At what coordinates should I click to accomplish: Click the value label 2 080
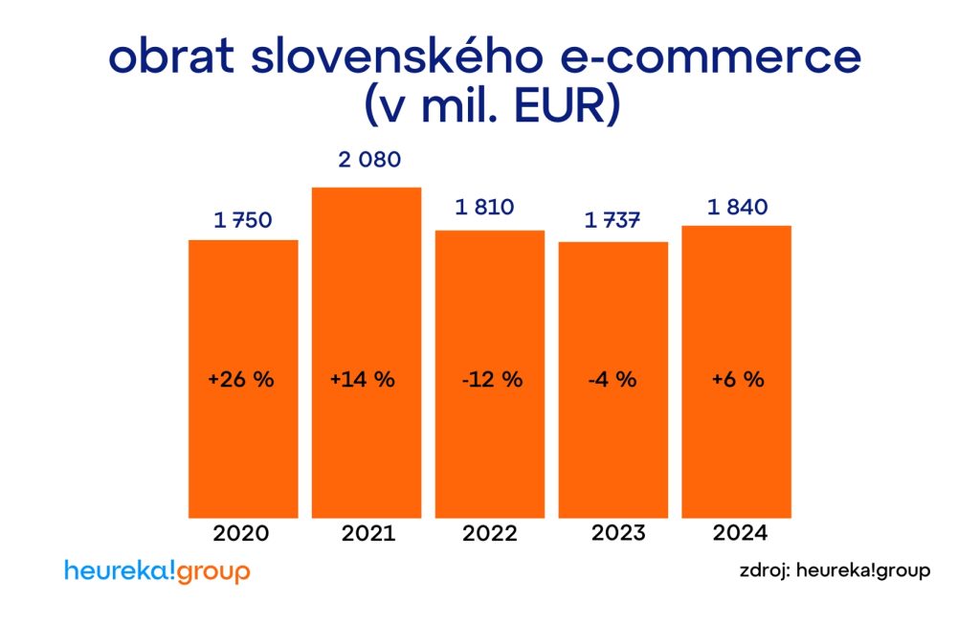(x=368, y=159)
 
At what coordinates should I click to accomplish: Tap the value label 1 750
(x=243, y=220)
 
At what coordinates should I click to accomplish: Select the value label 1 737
(x=612, y=221)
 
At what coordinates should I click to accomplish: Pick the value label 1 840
(x=737, y=207)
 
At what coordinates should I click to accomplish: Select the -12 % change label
(x=491, y=379)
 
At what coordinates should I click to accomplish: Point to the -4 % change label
(x=612, y=379)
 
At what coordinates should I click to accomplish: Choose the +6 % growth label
(x=738, y=379)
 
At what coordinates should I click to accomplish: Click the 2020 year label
(x=242, y=533)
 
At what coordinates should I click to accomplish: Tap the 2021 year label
(x=368, y=533)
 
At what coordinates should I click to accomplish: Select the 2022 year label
(x=490, y=533)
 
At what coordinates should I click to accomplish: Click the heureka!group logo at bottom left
(x=157, y=571)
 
